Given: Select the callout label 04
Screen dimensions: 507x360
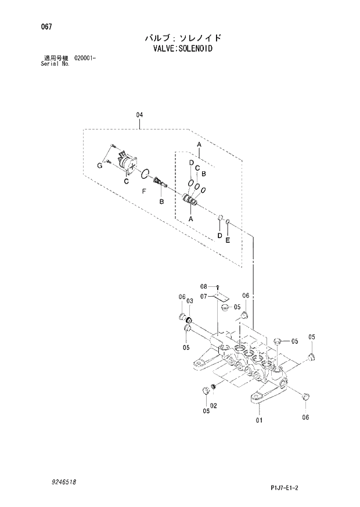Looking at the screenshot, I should (139, 115).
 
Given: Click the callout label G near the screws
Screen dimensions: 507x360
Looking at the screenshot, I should (99, 166).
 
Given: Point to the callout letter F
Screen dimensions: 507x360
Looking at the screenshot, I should (143, 190).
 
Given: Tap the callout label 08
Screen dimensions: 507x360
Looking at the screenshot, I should (204, 286).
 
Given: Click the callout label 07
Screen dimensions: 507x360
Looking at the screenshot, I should (204, 296).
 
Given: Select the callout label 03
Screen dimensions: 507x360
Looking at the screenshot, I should (189, 300).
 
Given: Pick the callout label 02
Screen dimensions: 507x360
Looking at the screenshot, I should (214, 405).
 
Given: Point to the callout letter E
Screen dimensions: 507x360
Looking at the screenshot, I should (228, 239).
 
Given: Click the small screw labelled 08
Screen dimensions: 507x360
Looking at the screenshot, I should (216, 287).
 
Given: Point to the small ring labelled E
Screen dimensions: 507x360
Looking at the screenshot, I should (228, 222).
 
